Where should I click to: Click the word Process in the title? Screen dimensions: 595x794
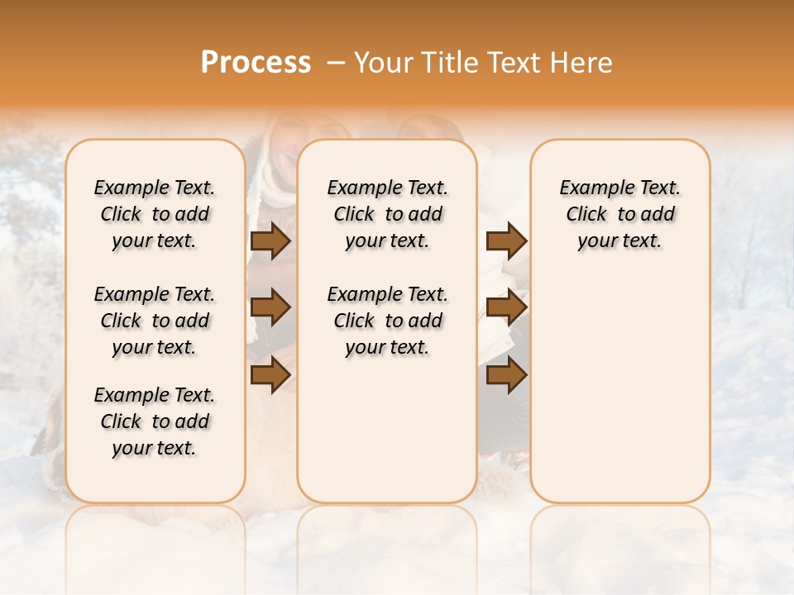tap(256, 62)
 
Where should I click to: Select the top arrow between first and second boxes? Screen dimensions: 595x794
tap(270, 240)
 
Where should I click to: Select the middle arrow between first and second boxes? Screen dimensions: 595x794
tap(270, 307)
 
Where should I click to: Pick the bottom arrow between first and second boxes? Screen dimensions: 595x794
tap(270, 375)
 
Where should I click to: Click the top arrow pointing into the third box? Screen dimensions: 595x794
tap(506, 240)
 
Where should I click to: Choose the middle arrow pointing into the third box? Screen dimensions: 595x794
tap(506, 307)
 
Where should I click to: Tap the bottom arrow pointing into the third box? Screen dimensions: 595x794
tap(506, 375)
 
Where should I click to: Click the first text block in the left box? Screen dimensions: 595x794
tap(155, 214)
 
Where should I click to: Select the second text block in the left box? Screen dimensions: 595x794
tap(155, 321)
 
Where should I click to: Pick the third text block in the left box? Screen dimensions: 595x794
tap(155, 421)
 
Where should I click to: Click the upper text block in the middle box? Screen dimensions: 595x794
tap(387, 214)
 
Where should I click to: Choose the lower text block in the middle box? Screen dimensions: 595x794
tap(387, 321)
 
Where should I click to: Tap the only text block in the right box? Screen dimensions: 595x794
tap(619, 214)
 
